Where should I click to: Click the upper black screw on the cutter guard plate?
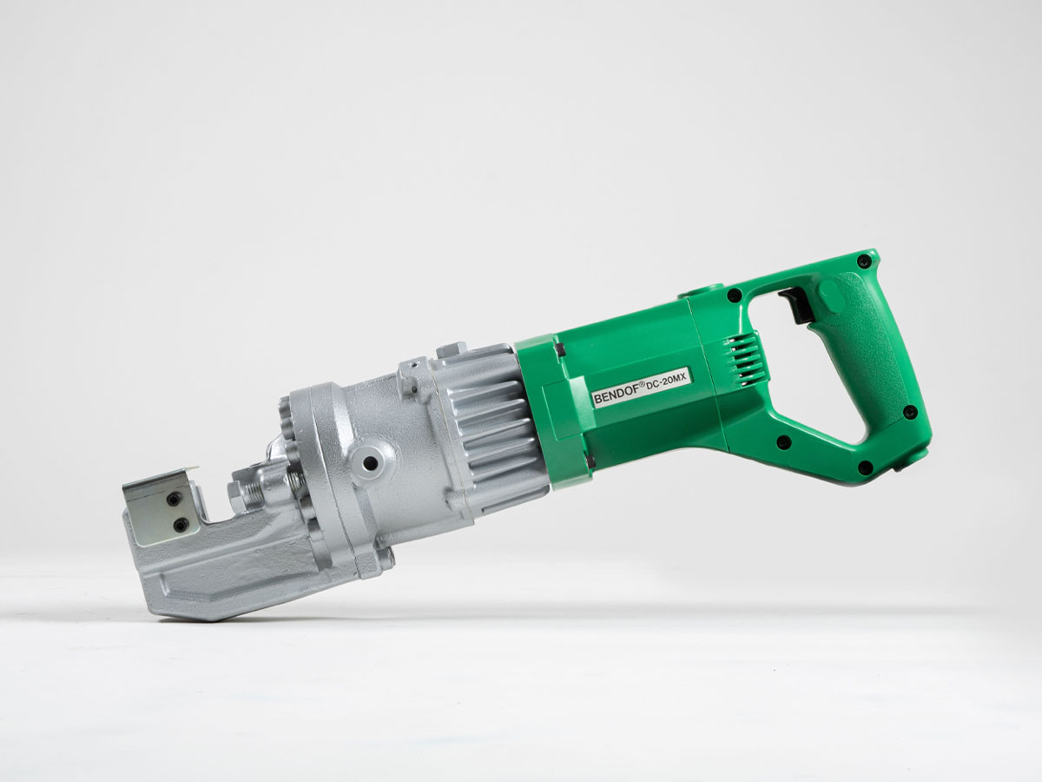(175, 499)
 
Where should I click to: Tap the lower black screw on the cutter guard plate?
(181, 525)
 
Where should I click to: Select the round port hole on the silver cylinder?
(372, 462)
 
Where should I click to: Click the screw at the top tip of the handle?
(862, 261)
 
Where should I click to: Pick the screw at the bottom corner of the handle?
(865, 467)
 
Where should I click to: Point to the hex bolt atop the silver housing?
(452, 351)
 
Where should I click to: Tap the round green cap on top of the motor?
(699, 290)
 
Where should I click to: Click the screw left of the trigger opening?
(735, 295)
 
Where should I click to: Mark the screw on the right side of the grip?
(909, 412)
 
